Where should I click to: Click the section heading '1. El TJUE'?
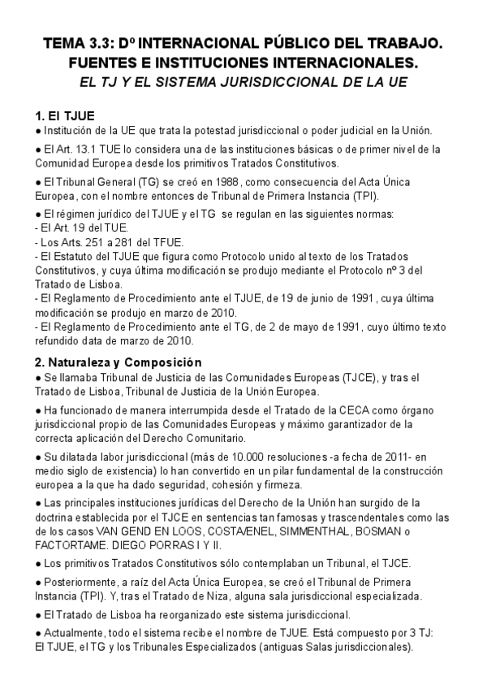66,115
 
